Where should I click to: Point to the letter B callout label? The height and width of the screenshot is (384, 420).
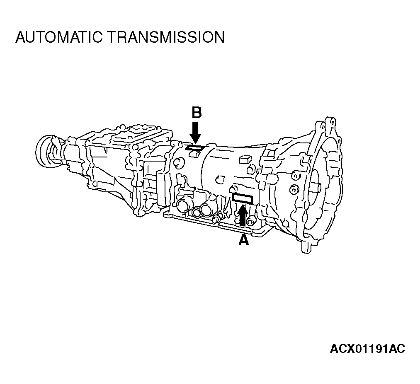click(x=197, y=113)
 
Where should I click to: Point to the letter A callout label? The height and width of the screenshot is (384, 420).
click(x=244, y=240)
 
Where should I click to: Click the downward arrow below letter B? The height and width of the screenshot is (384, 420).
click(x=197, y=132)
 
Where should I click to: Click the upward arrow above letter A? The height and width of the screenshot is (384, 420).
click(x=243, y=215)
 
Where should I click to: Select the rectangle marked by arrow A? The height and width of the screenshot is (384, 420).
click(x=243, y=198)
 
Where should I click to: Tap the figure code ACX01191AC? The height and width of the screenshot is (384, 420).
click(x=367, y=349)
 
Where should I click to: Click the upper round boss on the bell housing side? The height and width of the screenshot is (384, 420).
click(x=295, y=175)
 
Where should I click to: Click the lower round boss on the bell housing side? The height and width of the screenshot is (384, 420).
click(x=294, y=189)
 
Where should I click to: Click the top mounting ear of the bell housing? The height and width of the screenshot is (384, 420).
click(x=330, y=123)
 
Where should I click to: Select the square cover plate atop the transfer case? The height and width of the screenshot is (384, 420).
click(x=139, y=132)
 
